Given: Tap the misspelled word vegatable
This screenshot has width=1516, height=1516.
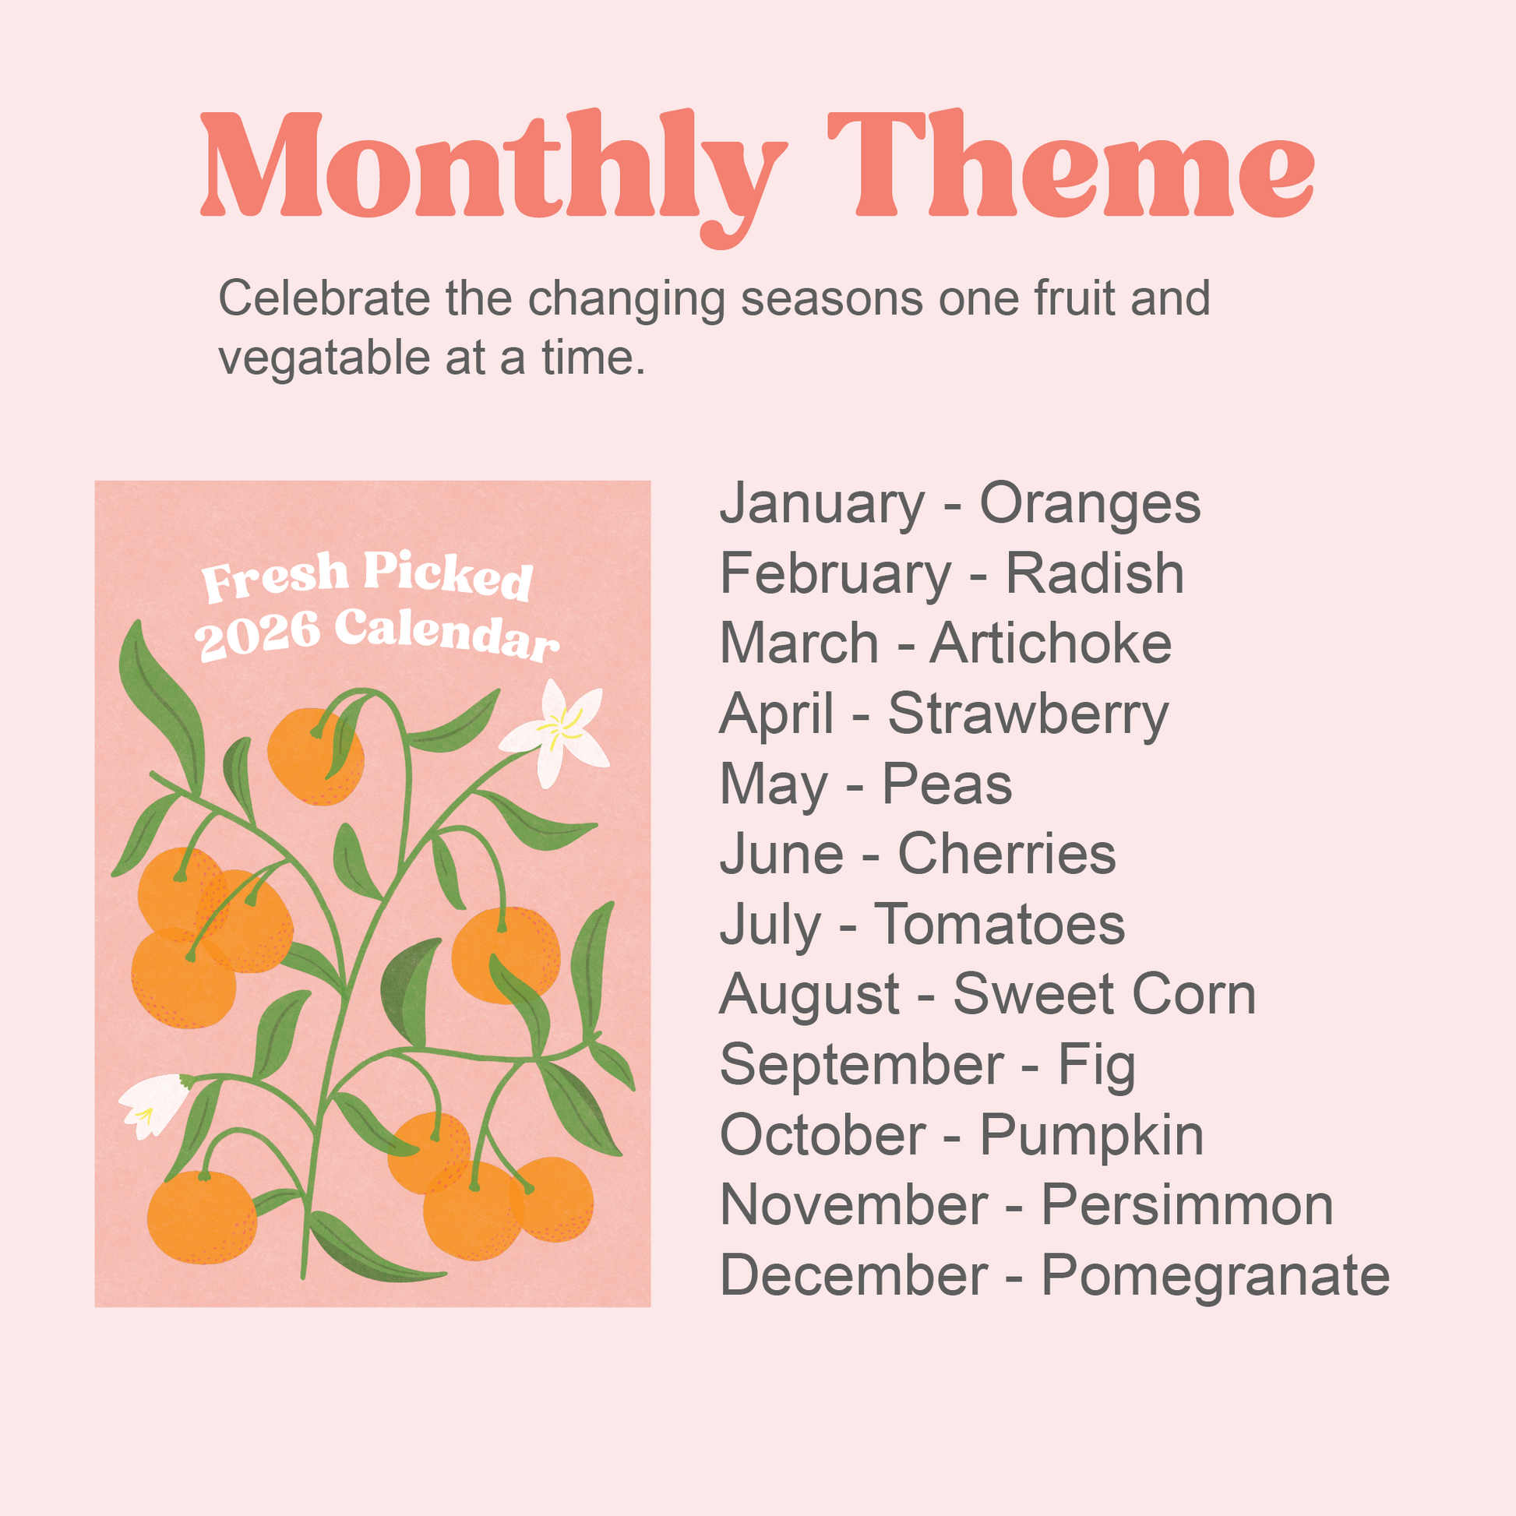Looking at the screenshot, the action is coord(325,359).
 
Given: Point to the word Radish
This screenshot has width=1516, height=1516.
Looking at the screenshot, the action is coord(1095,573).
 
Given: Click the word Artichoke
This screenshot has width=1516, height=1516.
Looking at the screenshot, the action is coord(1051,643).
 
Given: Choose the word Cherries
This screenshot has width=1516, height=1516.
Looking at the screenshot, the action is coord(1007,854).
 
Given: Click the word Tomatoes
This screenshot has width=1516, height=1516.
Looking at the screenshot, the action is coord(1000,925).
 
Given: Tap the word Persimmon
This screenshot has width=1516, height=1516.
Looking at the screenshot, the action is coord(1187,1205).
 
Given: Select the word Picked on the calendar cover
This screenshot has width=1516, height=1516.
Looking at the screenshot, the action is coord(448,574).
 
